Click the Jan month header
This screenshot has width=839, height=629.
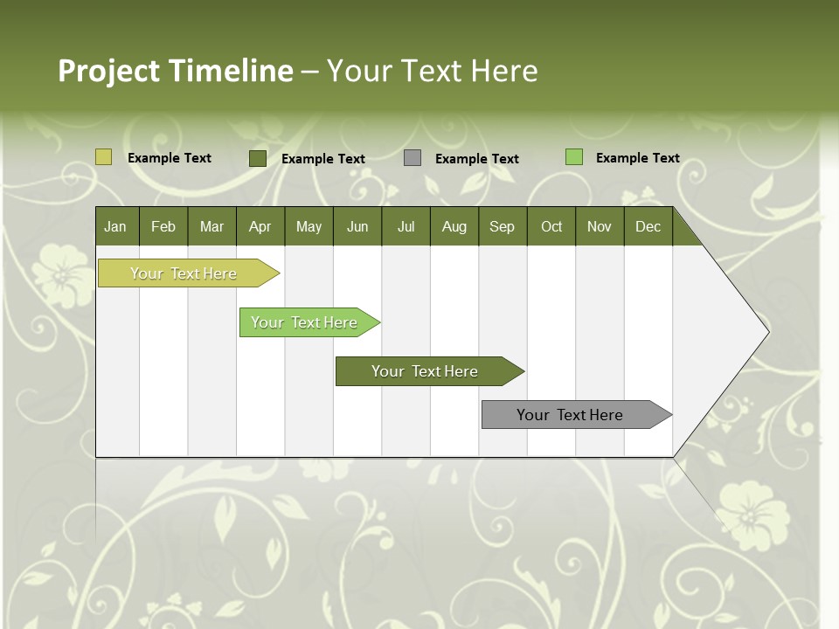pyautogui.click(x=116, y=226)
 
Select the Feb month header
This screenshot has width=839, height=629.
pyautogui.click(x=163, y=226)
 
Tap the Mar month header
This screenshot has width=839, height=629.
pyautogui.click(x=211, y=226)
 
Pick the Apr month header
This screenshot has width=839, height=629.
pyautogui.click(x=260, y=226)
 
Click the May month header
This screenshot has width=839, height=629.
pyautogui.click(x=309, y=226)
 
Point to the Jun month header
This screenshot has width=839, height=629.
pyautogui.click(x=357, y=226)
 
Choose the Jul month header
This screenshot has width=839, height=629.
pyautogui.click(x=406, y=226)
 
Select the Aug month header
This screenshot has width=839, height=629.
pyautogui.click(x=454, y=226)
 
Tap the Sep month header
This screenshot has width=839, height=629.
pyautogui.click(x=503, y=226)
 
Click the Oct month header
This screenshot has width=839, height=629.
pyautogui.click(x=551, y=226)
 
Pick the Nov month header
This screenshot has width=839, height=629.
pyautogui.click(x=600, y=226)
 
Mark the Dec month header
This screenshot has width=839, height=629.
pyautogui.click(x=648, y=226)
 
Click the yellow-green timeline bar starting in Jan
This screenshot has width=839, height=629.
pyautogui.click(x=184, y=273)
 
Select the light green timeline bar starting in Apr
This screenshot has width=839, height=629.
pyautogui.click(x=304, y=322)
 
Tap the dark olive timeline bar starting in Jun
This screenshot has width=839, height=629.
pyautogui.click(x=425, y=371)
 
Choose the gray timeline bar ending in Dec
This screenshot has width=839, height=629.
pyautogui.click(x=570, y=415)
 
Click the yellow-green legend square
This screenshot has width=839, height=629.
pyautogui.click(x=103, y=157)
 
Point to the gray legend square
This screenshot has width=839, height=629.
pyautogui.click(x=413, y=157)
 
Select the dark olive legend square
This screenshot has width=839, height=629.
pyautogui.click(x=258, y=158)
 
